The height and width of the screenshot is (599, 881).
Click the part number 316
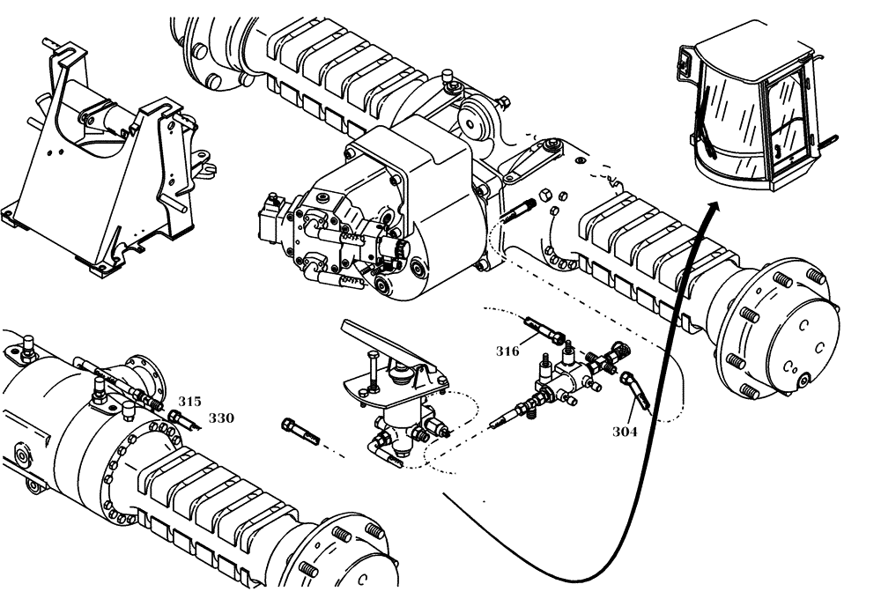pos(507,351)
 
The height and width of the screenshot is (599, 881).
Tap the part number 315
pos(189,401)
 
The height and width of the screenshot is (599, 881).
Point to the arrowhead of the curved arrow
pos(714,208)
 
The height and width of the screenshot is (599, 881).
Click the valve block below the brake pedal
pos(401,423)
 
